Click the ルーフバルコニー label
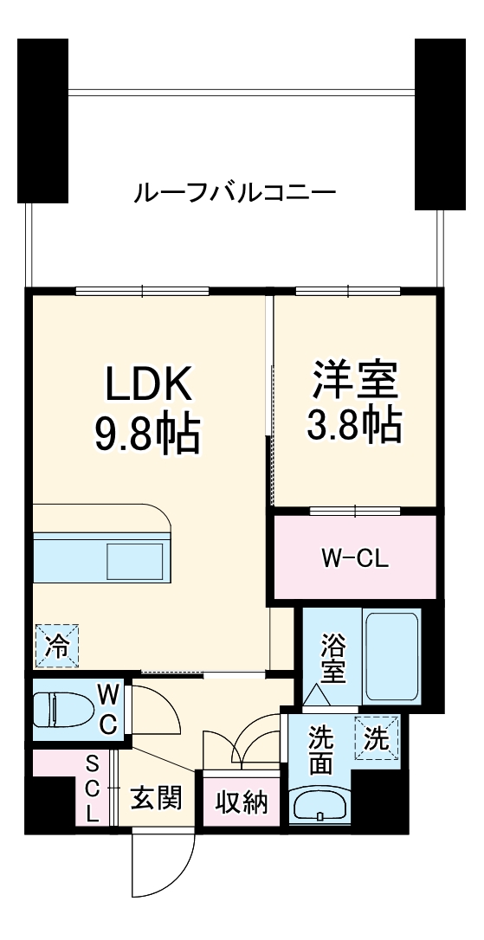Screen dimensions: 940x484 234,191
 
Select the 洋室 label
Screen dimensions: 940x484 354,379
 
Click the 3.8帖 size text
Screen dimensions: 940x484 354,423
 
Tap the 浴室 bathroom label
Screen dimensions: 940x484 330,657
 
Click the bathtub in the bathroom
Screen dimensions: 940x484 391,658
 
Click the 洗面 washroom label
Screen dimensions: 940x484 321,750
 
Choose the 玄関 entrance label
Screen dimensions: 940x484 156,797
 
